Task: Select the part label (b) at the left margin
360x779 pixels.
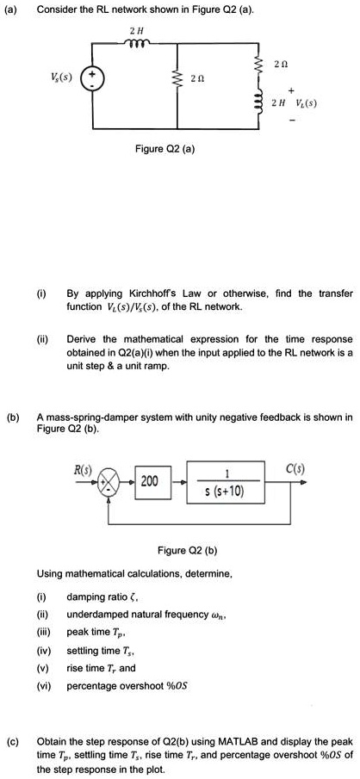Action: (15, 417)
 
